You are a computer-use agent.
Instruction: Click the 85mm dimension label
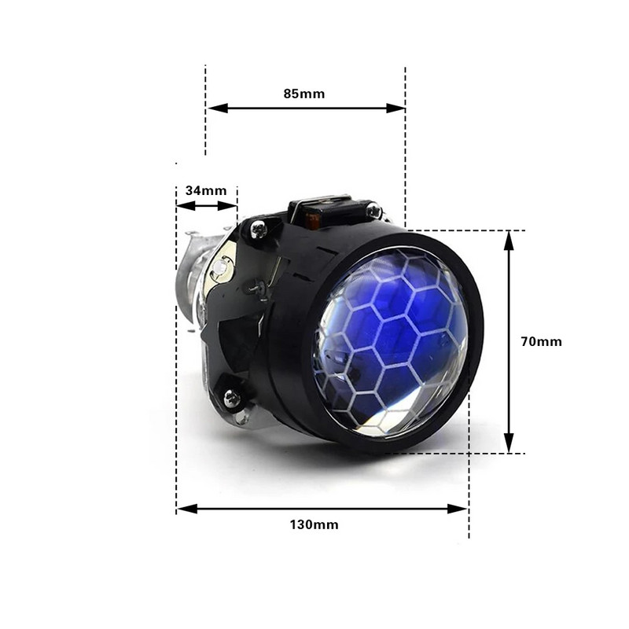click(x=304, y=94)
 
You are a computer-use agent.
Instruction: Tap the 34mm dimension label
click(x=206, y=190)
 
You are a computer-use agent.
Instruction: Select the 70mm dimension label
click(x=542, y=341)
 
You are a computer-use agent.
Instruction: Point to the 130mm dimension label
click(x=314, y=524)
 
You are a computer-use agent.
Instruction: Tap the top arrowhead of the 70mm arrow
click(x=509, y=240)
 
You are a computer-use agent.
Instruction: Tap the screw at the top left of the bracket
click(x=258, y=229)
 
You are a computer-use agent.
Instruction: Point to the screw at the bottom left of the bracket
click(x=231, y=398)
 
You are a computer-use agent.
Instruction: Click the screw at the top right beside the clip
click(x=373, y=211)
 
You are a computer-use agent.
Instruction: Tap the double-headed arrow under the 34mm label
click(x=206, y=206)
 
